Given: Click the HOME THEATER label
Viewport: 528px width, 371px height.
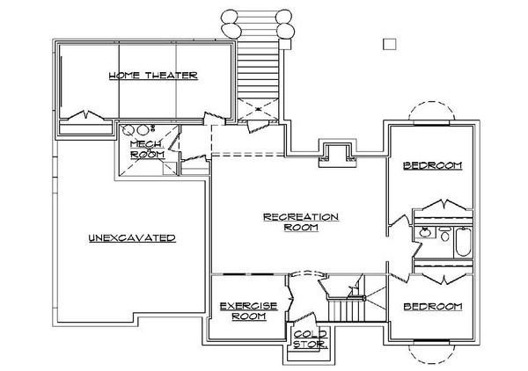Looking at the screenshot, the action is (153, 76).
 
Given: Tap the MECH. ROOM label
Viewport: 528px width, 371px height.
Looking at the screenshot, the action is (147, 149).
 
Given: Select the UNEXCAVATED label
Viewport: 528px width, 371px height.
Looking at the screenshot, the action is (132, 237).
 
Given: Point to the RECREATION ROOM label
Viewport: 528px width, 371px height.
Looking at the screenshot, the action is (301, 222).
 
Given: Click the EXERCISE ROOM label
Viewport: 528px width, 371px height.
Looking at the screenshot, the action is (248, 311).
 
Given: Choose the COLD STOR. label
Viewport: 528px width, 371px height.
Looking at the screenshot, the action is (310, 339).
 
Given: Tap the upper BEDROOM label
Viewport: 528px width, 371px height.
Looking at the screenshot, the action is (433, 165).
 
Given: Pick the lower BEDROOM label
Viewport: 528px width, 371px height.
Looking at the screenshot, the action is (433, 307).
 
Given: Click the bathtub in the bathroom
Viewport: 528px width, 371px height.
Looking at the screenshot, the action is (463, 242).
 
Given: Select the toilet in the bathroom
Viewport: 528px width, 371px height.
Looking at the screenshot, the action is (444, 234).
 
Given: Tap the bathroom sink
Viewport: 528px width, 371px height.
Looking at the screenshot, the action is (425, 232).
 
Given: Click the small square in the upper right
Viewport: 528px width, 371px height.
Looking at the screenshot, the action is (390, 44).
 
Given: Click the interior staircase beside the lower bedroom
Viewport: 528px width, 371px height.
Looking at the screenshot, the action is (347, 309).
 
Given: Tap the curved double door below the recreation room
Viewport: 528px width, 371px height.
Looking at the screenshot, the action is (307, 273).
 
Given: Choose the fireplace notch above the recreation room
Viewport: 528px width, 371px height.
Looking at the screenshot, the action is (337, 153).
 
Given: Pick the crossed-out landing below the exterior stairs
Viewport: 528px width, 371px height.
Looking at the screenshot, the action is (258, 109).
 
